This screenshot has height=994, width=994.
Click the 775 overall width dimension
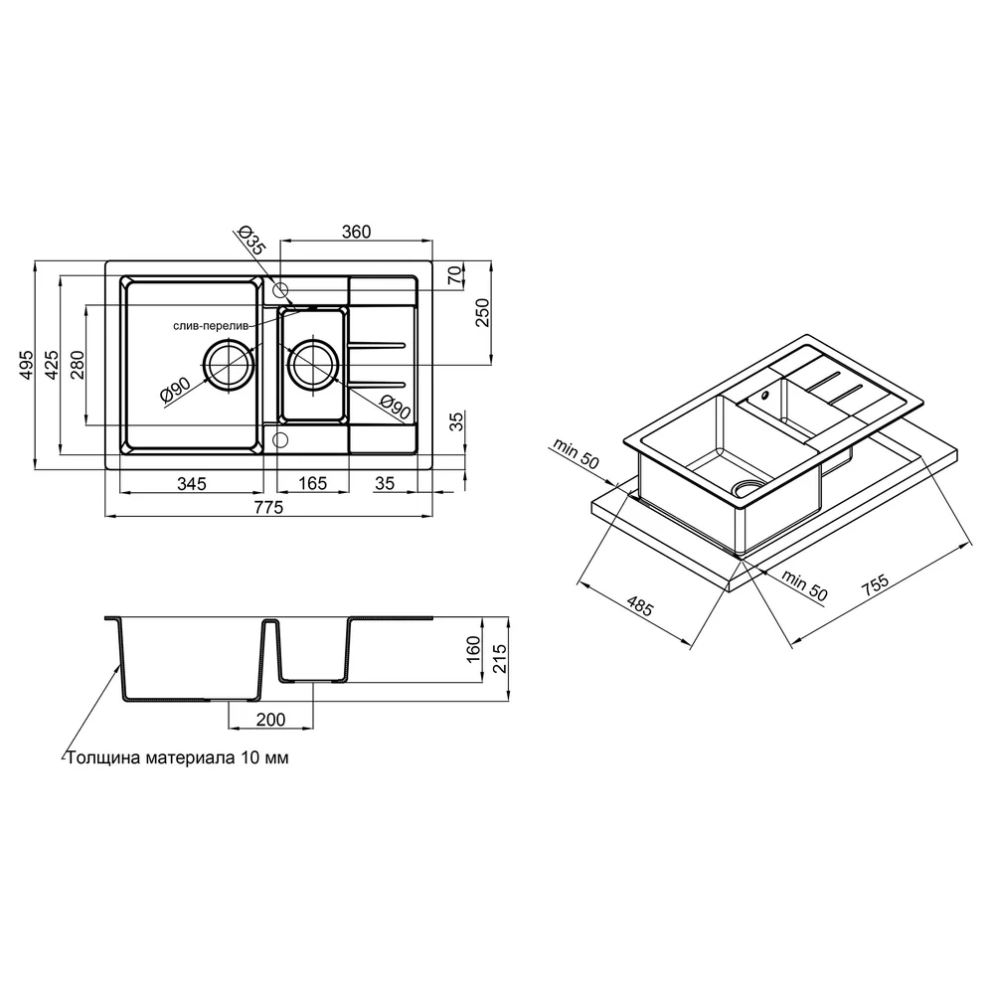[x=268, y=508]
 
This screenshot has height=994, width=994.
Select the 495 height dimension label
[x=26, y=364]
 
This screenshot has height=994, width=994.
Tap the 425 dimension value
[x=52, y=364]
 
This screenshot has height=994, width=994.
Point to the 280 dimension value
[x=77, y=364]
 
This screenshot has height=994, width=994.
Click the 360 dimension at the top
[x=356, y=232]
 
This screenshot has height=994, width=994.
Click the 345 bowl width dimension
[x=192, y=484]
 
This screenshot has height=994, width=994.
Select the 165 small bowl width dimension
[x=312, y=484]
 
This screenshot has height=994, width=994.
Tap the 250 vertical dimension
[x=483, y=312]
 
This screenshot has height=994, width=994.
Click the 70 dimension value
[x=455, y=275]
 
